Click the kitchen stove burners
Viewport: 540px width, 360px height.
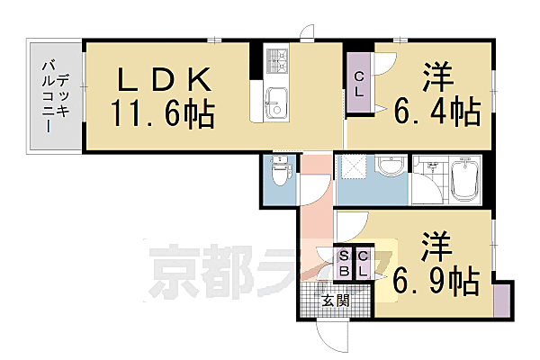click(x=276, y=60)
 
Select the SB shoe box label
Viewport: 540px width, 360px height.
click(x=345, y=265)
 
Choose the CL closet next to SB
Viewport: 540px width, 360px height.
click(x=363, y=265)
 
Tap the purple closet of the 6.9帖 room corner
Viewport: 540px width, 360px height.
click(x=502, y=298)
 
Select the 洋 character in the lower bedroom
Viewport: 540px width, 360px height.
click(x=436, y=244)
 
